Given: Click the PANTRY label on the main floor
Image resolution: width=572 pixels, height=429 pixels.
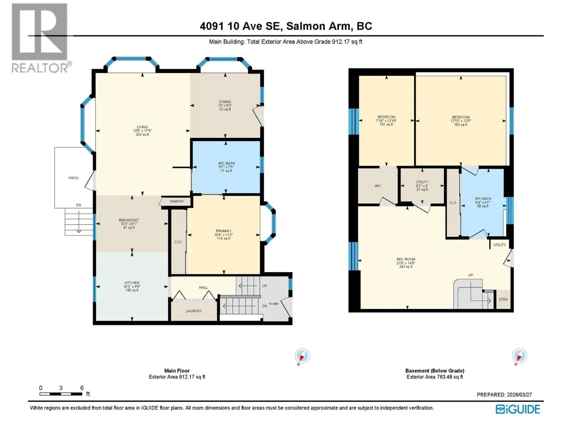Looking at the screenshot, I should click(x=177, y=201).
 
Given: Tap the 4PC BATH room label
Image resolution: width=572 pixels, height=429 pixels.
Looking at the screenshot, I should click(x=226, y=163).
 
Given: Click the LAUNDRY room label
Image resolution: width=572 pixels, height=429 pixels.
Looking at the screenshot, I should click(x=194, y=311).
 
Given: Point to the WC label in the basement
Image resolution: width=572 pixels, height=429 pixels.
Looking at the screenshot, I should click(x=378, y=186).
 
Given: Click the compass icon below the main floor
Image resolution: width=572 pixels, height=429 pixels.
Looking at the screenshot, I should click(x=302, y=356).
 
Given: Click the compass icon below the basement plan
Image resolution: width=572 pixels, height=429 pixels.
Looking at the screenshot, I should click(x=520, y=356).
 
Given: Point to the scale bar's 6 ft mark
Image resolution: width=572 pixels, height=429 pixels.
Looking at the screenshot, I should click(x=82, y=388).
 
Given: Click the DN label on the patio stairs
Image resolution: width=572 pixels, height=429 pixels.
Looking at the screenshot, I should click(x=78, y=205).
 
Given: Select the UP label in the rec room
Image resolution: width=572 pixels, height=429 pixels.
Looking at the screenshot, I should click(x=470, y=275).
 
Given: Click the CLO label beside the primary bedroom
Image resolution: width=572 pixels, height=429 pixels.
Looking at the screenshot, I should click(x=178, y=242).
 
